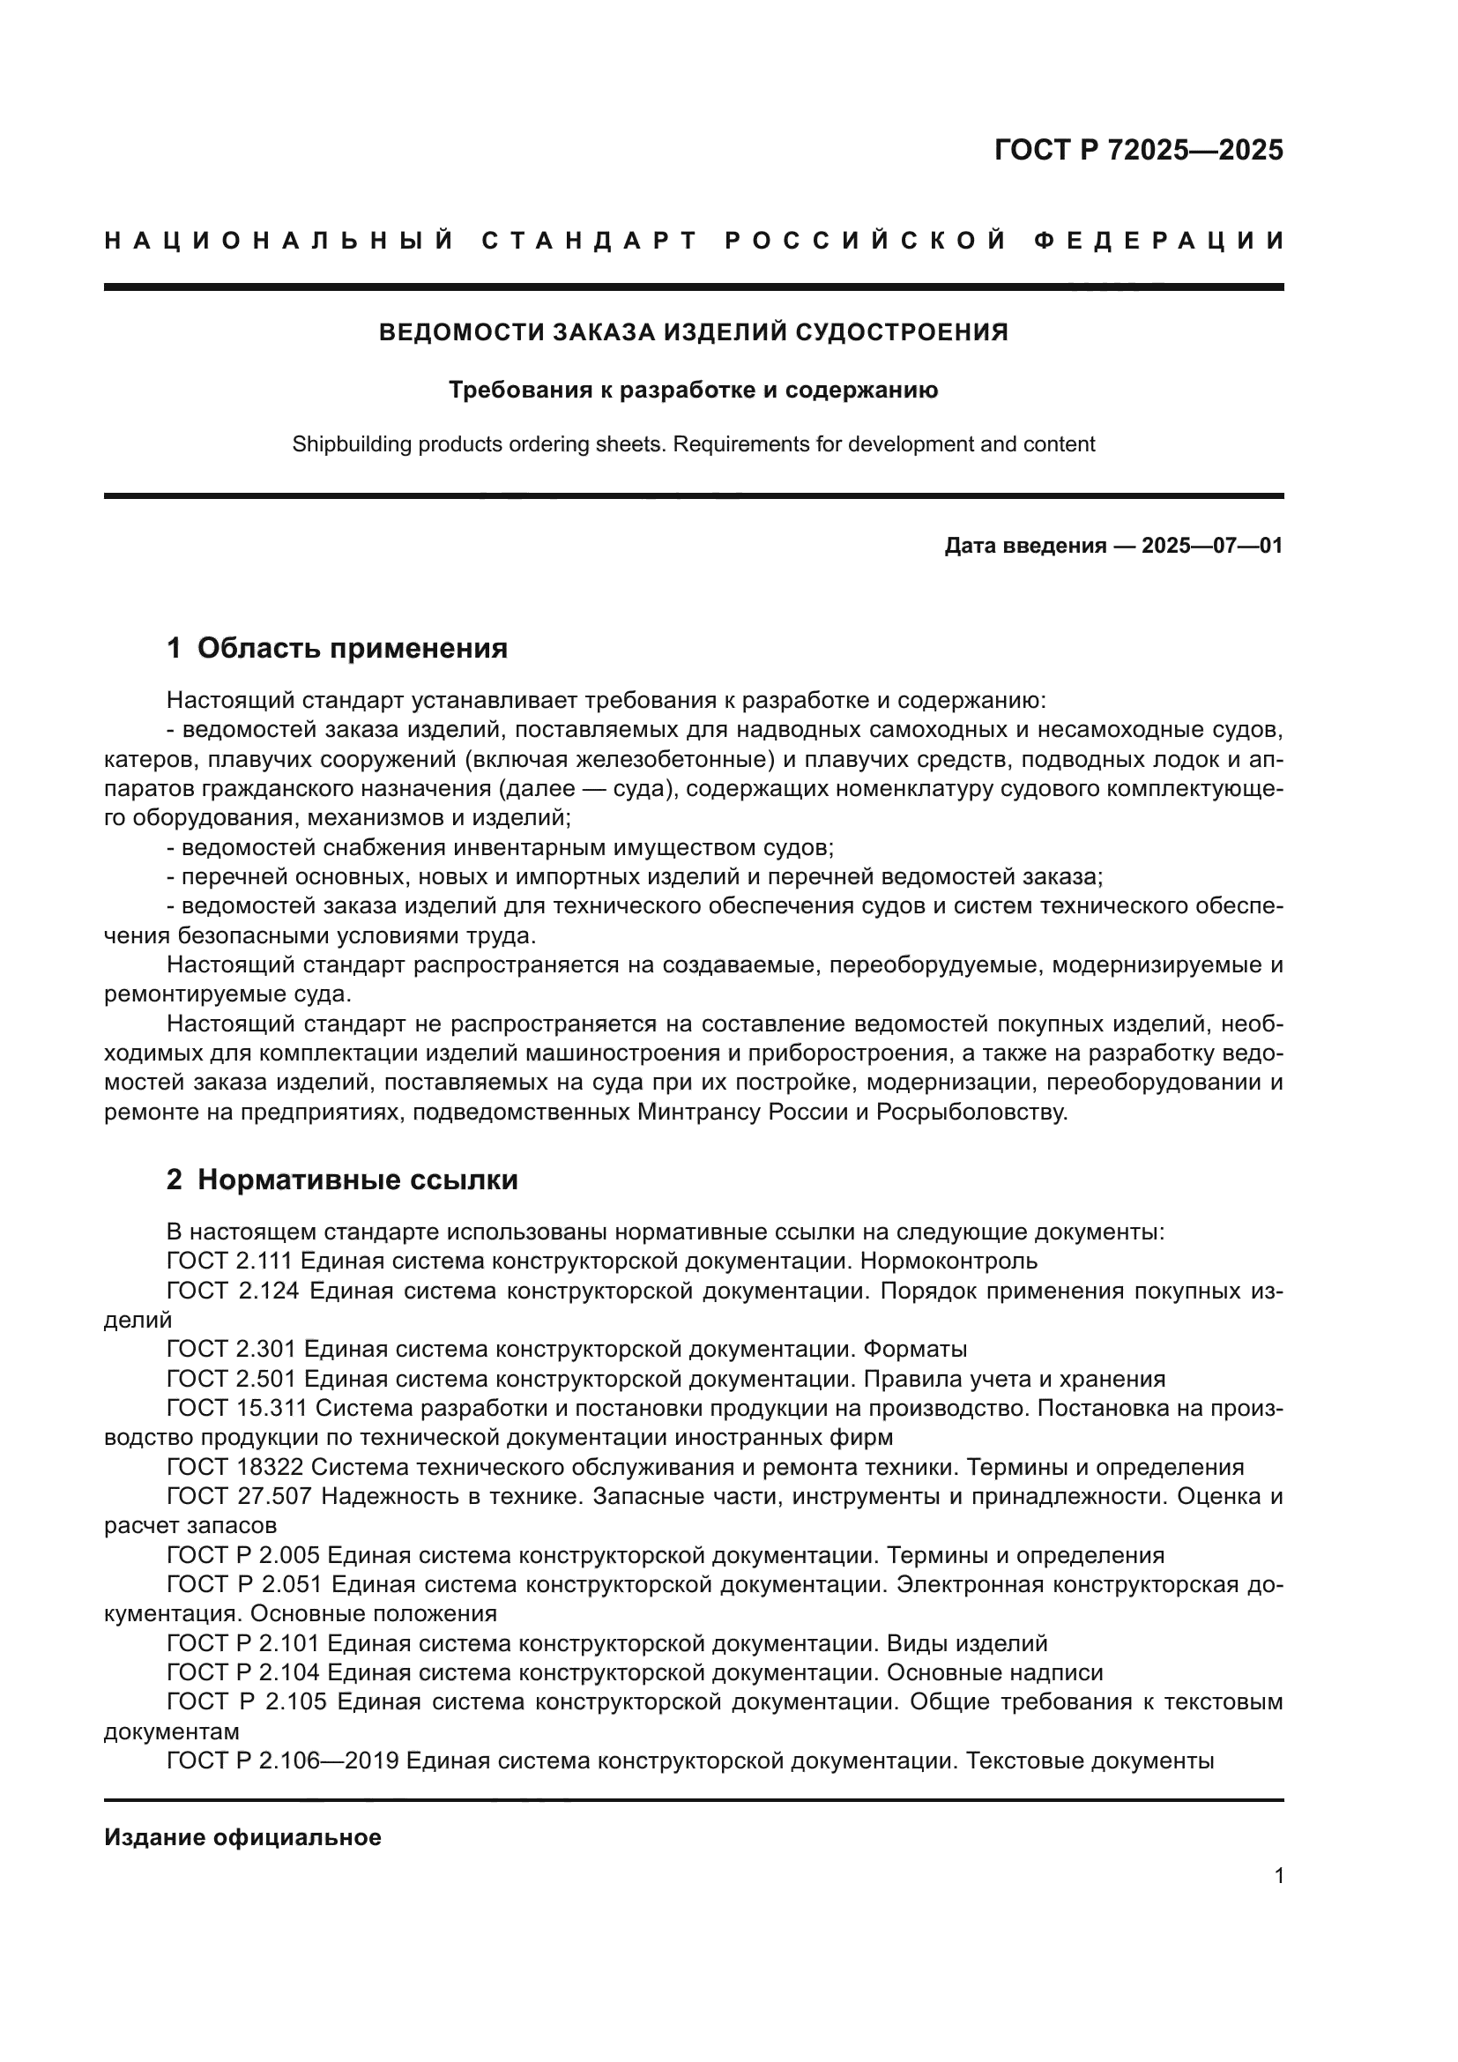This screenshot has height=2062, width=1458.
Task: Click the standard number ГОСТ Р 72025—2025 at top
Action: tap(1138, 150)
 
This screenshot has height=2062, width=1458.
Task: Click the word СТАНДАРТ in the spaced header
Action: tap(590, 241)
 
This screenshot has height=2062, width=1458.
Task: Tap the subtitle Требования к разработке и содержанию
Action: tap(693, 390)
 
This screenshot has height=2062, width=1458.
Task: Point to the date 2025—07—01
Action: tap(1212, 545)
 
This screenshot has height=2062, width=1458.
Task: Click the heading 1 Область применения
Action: tap(337, 648)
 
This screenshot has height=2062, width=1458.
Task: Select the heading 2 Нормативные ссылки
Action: tap(342, 1180)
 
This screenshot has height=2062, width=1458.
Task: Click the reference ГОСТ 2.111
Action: tap(230, 1261)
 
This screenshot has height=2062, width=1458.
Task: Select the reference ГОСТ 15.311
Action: tap(237, 1408)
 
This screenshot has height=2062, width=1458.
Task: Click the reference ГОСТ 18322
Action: tap(235, 1468)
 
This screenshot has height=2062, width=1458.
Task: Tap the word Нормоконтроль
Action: tap(948, 1261)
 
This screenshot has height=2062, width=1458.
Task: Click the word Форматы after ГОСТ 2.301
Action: tap(915, 1349)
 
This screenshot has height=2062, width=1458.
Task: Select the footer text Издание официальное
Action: tap(242, 1837)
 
